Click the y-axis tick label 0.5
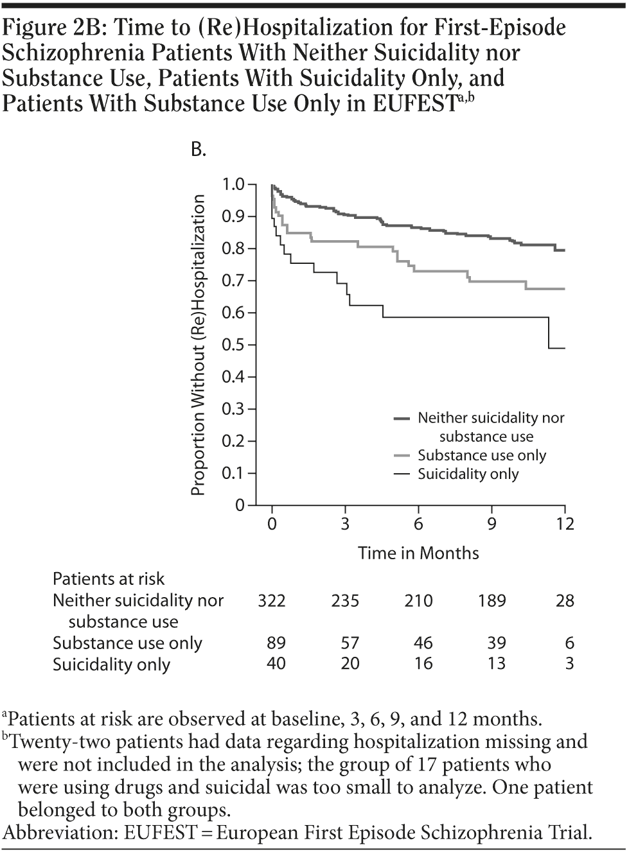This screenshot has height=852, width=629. tap(233, 345)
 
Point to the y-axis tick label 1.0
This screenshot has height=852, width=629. tap(233, 185)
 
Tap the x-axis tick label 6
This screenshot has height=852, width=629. tap(418, 524)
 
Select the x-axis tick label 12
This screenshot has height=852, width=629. tap(564, 524)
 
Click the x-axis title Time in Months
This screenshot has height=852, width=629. tap(418, 553)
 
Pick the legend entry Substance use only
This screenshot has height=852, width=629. tap(481, 455)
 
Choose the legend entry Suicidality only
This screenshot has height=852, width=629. tap(468, 474)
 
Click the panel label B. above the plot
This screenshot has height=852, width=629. tap(199, 150)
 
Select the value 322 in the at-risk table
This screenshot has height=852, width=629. tap(272, 601)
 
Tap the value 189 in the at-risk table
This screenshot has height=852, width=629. tap(492, 601)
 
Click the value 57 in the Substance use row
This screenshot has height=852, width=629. tap(350, 643)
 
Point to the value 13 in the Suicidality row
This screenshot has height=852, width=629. tap(496, 663)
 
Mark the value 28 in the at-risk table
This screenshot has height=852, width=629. tap(565, 601)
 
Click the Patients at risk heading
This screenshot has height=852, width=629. tap(109, 578)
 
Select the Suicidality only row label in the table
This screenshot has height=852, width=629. tap(111, 664)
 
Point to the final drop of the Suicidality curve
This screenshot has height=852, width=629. tap(549, 333)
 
